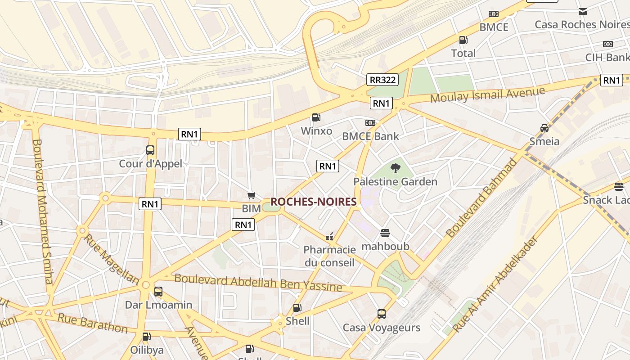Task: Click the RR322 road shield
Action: tap(382, 80)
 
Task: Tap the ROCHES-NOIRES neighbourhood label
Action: tap(314, 202)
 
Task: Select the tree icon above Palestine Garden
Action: tap(395, 168)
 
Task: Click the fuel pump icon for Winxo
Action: tap(316, 117)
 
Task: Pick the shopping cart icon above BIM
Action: tap(252, 195)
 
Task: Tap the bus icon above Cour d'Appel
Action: tap(150, 150)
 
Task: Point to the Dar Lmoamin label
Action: tap(158, 305)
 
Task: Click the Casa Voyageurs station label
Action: tap(381, 327)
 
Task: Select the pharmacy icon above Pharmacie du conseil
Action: tap(329, 236)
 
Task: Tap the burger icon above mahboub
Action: tap(385, 233)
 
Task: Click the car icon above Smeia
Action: tap(544, 128)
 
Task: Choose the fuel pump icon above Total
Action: tap(463, 40)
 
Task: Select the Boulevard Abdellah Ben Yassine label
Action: tap(258, 282)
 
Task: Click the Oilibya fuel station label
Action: tap(147, 350)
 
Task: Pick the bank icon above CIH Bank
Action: tap(607, 44)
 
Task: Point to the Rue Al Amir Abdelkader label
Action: tap(495, 284)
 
